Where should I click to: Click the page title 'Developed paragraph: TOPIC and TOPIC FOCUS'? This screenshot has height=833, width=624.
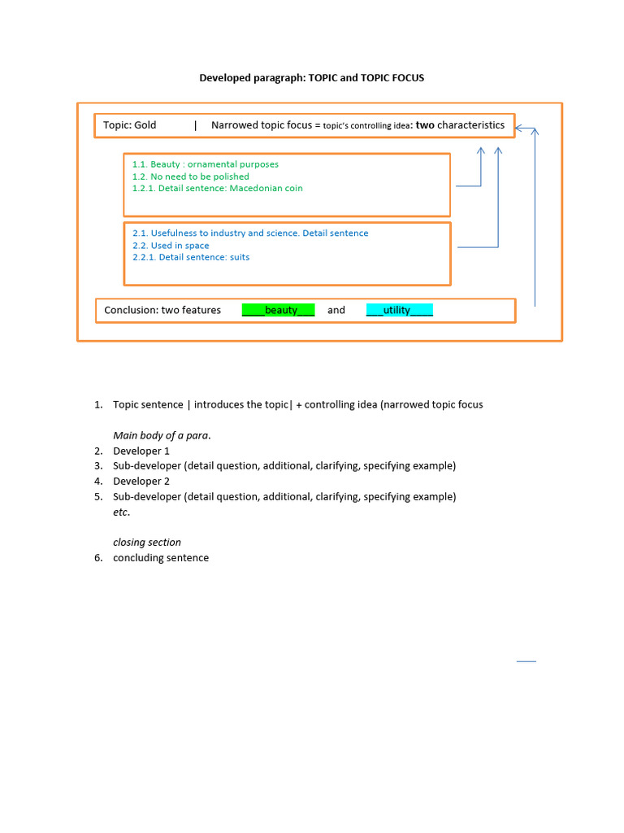pos(312,78)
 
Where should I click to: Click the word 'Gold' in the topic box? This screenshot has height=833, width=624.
pos(145,125)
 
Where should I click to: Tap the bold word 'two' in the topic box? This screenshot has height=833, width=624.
pos(425,125)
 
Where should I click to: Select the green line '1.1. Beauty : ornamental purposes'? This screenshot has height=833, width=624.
pos(205,164)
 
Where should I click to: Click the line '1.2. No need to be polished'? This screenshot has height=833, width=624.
pos(190,177)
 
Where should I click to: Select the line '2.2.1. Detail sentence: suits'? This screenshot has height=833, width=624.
pos(191,258)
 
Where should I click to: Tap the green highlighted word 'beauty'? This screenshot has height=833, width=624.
pos(280,310)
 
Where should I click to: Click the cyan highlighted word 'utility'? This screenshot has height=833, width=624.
pos(397,310)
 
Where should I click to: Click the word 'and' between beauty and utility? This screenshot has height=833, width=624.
pos(336,310)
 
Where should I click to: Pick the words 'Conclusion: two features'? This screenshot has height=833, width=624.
pos(162,310)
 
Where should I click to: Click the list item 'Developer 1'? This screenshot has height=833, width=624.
pos(141,451)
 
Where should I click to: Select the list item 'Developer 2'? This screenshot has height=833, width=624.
pos(141,482)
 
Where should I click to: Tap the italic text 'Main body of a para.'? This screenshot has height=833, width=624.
pos(162,435)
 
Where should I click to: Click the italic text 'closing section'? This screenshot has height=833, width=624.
pos(147,543)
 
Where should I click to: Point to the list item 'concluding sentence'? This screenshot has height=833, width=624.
pos(161,558)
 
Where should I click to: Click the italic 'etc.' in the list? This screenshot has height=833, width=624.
pos(121,512)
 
